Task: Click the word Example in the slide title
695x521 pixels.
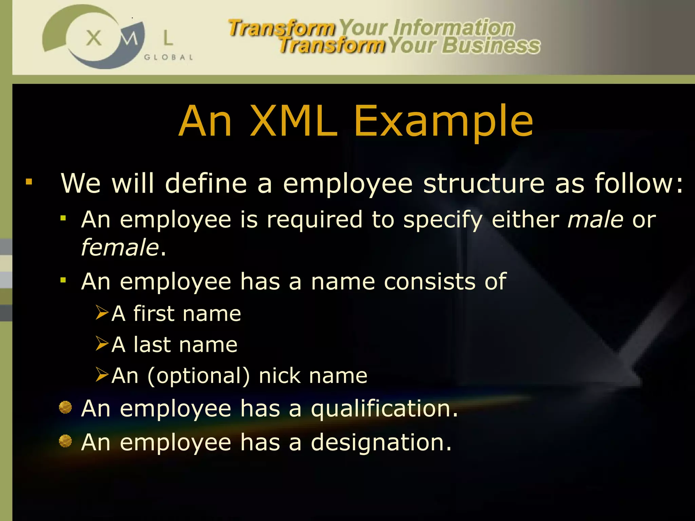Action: coord(443,121)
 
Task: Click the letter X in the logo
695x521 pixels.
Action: coord(94,38)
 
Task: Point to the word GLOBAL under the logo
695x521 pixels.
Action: coord(169,57)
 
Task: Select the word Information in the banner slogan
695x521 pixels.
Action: coord(454,28)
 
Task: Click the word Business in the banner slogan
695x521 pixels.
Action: coord(491,46)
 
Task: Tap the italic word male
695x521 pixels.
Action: coord(595,219)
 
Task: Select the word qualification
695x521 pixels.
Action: coord(384,408)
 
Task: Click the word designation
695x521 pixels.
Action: coord(381,442)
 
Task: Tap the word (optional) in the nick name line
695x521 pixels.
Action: coord(199,376)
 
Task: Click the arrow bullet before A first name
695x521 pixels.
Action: coord(102,312)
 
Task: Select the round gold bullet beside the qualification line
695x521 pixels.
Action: coord(65,408)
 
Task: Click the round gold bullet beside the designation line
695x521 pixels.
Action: coord(65,441)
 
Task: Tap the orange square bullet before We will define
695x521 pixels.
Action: coord(29,182)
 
